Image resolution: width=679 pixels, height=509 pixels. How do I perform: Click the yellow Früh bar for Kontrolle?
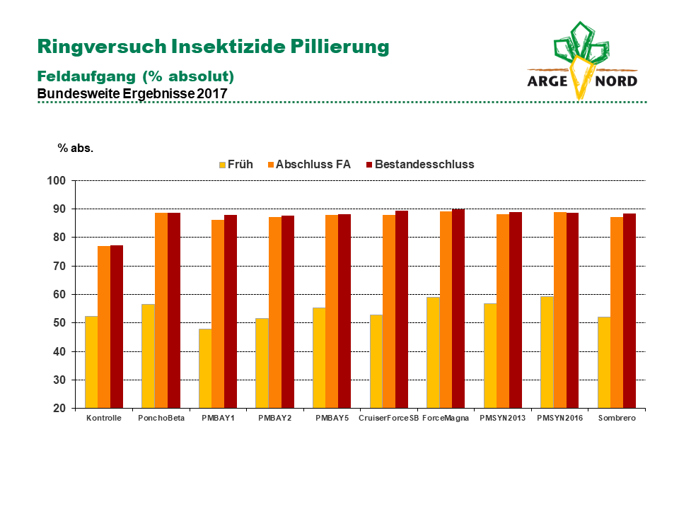click(x=91, y=362)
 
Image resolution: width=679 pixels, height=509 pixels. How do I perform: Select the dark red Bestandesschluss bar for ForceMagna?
click(x=458, y=309)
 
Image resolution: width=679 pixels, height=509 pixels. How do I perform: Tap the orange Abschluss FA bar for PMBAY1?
click(x=218, y=314)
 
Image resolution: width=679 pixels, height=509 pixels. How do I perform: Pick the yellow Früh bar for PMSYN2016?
click(x=547, y=352)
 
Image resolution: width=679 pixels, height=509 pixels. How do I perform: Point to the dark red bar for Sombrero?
click(x=629, y=311)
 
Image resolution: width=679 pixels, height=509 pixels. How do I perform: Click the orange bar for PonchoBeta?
click(x=161, y=310)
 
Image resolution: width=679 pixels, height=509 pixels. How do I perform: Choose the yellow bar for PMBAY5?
click(x=319, y=358)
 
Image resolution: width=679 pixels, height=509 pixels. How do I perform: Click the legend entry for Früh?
click(x=236, y=165)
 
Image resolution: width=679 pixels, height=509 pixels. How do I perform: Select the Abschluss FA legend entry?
click(x=309, y=165)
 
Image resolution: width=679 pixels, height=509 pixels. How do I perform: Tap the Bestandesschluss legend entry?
click(x=420, y=165)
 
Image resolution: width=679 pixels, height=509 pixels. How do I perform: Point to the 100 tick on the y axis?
click(x=57, y=181)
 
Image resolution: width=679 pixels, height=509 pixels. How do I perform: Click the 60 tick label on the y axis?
click(x=59, y=295)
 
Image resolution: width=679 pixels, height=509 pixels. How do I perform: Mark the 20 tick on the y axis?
click(x=59, y=409)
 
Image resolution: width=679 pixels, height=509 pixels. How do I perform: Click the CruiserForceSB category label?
click(x=389, y=418)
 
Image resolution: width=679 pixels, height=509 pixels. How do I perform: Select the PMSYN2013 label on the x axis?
click(x=502, y=418)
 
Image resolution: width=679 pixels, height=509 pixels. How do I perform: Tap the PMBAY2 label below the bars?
click(x=275, y=418)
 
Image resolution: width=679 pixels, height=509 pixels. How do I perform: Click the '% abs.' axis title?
click(x=76, y=148)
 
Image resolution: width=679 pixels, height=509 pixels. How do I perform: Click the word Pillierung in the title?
click(x=340, y=47)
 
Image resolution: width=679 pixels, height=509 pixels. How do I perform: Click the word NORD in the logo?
click(x=616, y=81)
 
